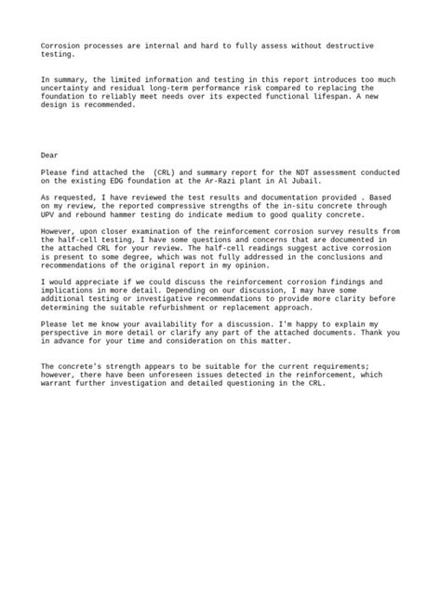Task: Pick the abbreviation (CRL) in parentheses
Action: [158, 171]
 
